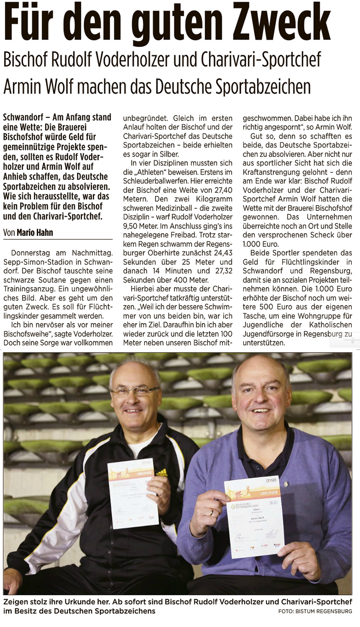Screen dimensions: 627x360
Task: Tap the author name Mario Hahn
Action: pyautogui.click(x=36, y=233)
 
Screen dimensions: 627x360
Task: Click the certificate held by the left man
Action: pyautogui.click(x=133, y=493)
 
